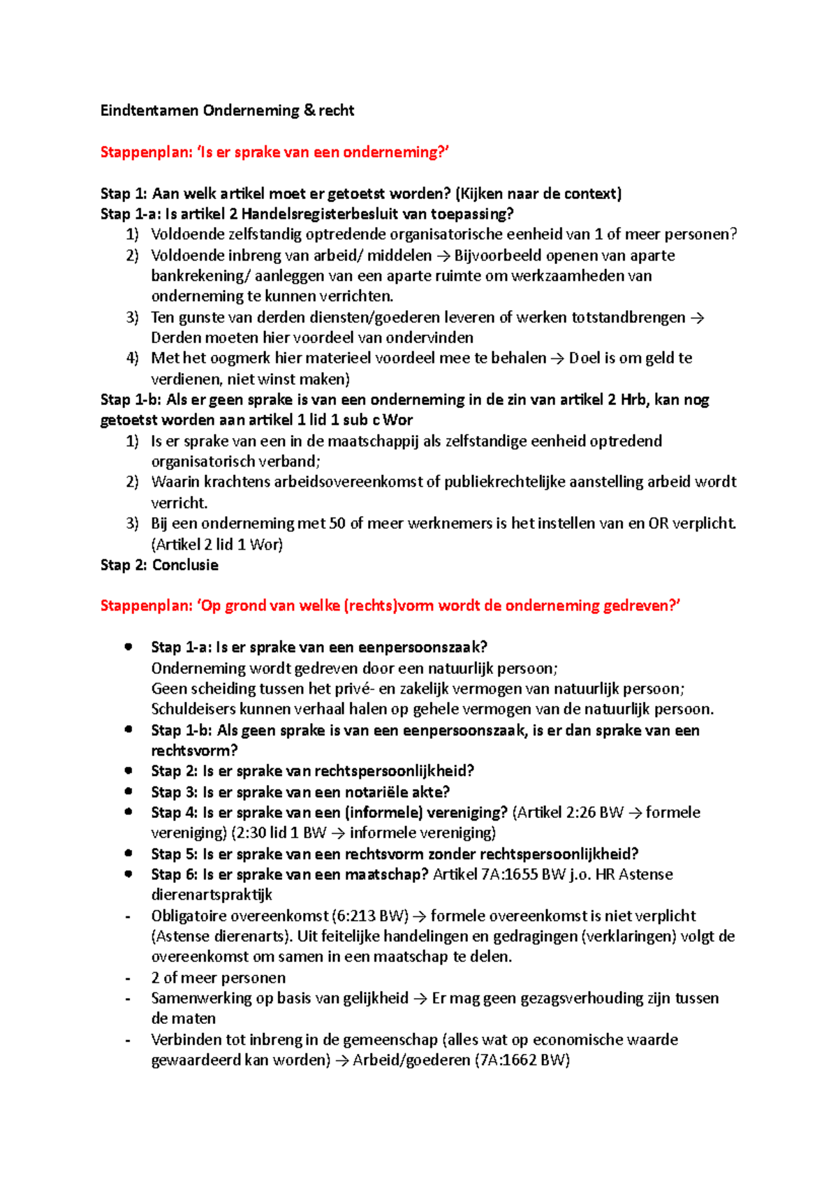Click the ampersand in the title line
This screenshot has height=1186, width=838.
coord(309,110)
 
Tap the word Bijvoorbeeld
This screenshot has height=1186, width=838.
coord(497,256)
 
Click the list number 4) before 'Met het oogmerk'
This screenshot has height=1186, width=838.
coord(132,358)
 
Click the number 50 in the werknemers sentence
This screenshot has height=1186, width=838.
coord(337,523)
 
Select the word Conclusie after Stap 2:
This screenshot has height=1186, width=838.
coord(185,565)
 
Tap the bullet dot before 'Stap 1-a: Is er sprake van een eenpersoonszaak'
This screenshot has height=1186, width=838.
coord(128,647)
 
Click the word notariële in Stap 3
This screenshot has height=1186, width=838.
coord(381,792)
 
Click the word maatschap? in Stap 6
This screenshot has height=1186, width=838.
coord(386,874)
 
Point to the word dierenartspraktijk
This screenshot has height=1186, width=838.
coord(212,895)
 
